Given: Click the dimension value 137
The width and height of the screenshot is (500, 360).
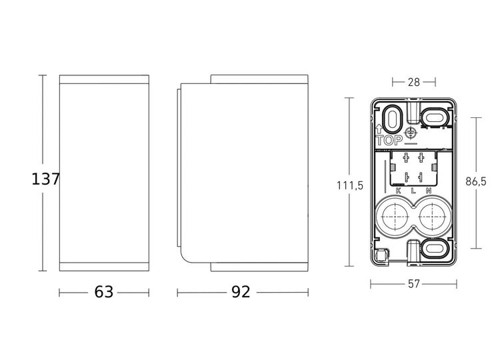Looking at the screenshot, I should pyautogui.click(x=46, y=179).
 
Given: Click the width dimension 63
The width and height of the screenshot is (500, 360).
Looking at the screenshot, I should pyautogui.click(x=105, y=291).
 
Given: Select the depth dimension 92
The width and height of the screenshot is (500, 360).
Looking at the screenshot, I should pyautogui.click(x=241, y=291).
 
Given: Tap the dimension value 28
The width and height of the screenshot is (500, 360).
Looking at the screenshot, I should pyautogui.click(x=413, y=82).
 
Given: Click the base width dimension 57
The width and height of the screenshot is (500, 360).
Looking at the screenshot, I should pyautogui.click(x=413, y=283).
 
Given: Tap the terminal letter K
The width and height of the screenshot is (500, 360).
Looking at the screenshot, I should pyautogui.click(x=398, y=191).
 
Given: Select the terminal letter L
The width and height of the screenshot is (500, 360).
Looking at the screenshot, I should pyautogui.click(x=413, y=191).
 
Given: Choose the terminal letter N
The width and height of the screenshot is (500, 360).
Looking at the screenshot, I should pyautogui.click(x=429, y=191).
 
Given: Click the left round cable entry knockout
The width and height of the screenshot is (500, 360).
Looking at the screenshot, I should pyautogui.click(x=394, y=217).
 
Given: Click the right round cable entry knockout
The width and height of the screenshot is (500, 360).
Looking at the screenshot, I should pyautogui.click(x=432, y=217).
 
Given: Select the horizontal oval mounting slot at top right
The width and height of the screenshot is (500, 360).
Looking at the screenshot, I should pyautogui.click(x=435, y=116).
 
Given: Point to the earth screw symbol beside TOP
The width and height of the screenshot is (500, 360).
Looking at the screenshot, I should pyautogui.click(x=411, y=135).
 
